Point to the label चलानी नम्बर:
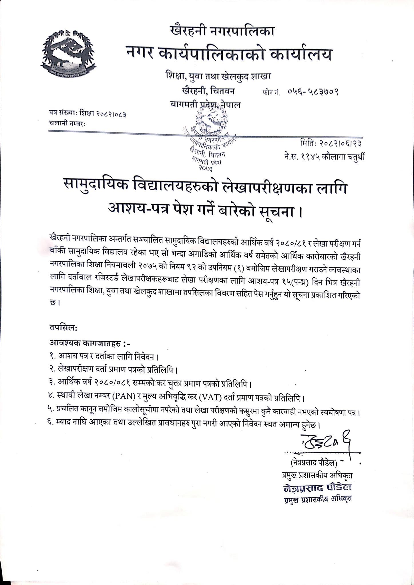click(x=67, y=124)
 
